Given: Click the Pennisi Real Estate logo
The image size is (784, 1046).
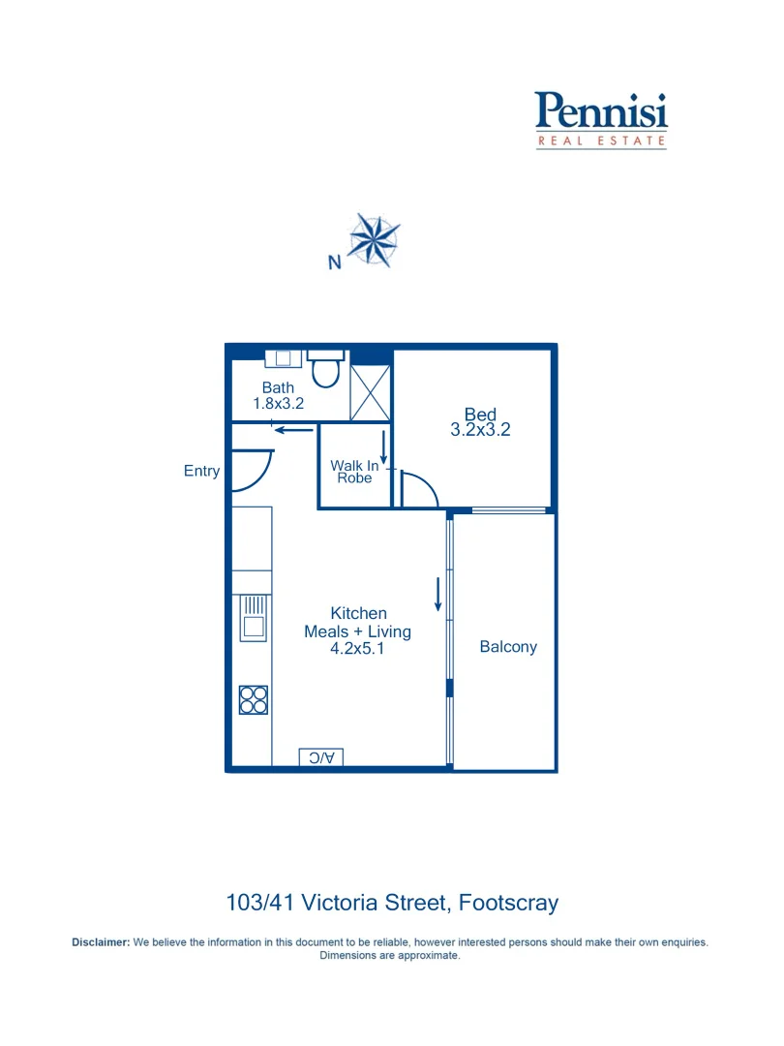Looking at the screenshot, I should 601,119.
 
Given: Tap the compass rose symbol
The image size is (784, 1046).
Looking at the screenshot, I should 374,239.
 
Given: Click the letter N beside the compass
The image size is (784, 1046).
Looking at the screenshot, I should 334,262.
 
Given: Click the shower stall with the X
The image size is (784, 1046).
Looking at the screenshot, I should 370,392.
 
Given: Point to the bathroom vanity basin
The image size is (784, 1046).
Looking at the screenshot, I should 284,358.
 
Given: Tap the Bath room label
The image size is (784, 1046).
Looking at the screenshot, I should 278,388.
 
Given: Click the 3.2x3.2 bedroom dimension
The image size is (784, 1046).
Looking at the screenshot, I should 480,430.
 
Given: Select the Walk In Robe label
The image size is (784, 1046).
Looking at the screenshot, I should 354,472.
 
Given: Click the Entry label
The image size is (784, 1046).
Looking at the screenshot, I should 201,472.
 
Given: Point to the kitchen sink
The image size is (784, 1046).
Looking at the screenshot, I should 254,617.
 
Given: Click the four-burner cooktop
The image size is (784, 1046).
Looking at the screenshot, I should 254,699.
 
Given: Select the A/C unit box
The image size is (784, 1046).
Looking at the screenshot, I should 321,757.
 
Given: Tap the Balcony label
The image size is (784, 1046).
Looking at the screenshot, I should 508,647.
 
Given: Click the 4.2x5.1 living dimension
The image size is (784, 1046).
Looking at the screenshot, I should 357,650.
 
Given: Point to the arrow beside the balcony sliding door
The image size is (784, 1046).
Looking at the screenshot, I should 438,594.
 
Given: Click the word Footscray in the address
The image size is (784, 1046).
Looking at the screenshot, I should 508,904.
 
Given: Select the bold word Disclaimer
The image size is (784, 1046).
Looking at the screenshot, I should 101,942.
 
